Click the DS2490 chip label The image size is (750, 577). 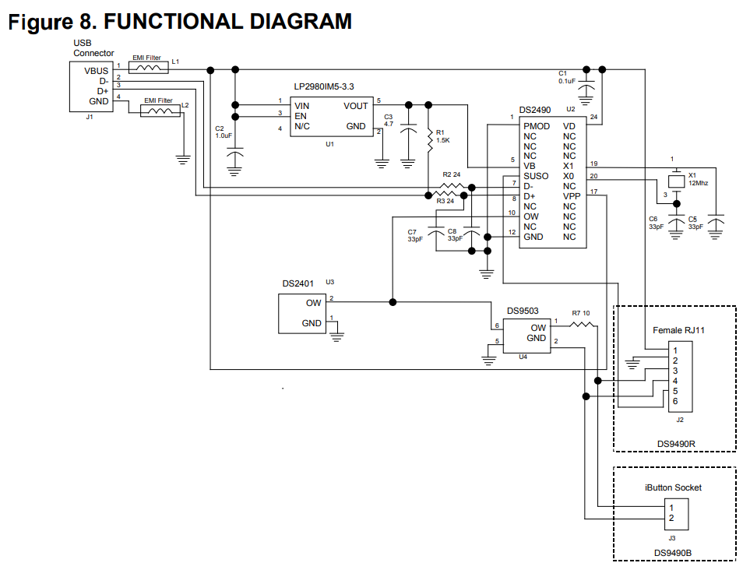click(535, 110)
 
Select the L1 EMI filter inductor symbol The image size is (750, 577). click(149, 69)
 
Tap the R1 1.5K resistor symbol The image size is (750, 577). click(429, 139)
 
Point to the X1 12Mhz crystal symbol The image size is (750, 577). click(676, 181)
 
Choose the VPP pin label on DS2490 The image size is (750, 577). click(572, 196)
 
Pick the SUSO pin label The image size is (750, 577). click(536, 176)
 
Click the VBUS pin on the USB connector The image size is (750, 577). click(96, 71)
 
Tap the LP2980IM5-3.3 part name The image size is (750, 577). click(324, 86)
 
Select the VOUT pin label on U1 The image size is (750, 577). click(355, 106)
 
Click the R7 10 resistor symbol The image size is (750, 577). click(582, 325)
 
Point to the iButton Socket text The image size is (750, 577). click(673, 487)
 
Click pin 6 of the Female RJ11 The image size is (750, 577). click(675, 402)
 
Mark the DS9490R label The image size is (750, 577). click(676, 444)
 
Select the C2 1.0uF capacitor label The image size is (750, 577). click(224, 132)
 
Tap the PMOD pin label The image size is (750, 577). click(537, 126)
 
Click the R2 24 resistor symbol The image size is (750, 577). click(451, 187)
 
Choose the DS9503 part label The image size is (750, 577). click(523, 311)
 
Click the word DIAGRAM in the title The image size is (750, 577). click(301, 22)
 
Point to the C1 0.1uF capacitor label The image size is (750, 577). click(567, 77)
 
